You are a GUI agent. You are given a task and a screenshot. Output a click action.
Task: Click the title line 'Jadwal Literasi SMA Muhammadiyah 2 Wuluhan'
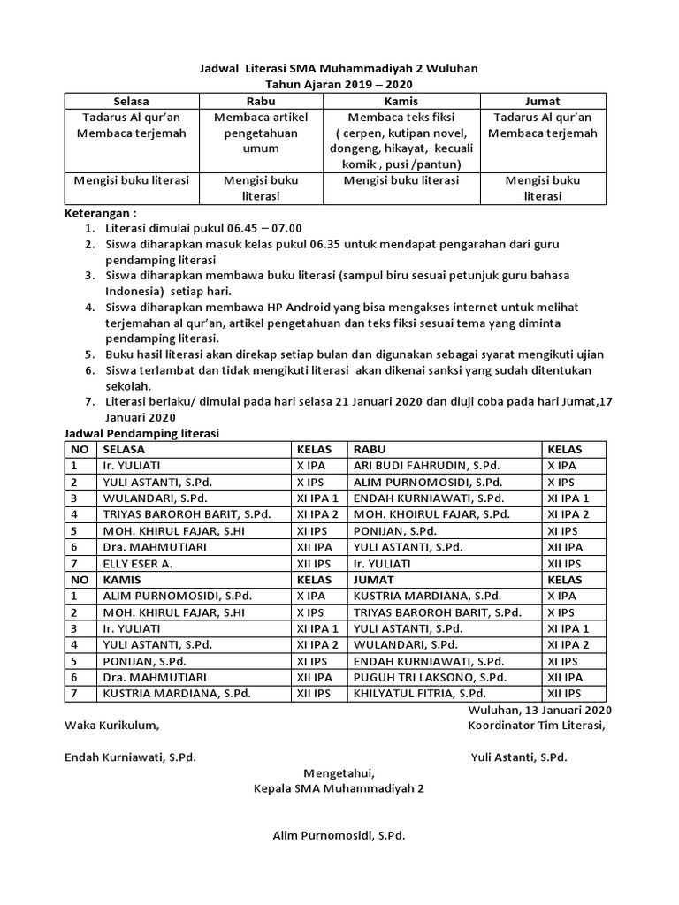pos(339,68)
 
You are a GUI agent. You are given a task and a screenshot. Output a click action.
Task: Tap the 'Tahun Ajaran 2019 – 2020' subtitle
pos(339,84)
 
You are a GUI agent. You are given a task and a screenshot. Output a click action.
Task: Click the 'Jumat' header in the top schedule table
pos(543,101)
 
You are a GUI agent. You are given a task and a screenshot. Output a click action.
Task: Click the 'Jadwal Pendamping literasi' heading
pos(142,433)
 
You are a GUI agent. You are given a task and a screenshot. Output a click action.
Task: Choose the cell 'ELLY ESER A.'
pos(137,563)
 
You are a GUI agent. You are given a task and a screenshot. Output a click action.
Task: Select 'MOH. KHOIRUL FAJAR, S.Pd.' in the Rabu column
pos(431,514)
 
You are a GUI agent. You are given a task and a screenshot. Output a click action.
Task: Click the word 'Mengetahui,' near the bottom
pos(339,772)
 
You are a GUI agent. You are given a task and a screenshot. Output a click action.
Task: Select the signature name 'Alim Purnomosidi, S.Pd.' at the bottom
pos(339,835)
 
